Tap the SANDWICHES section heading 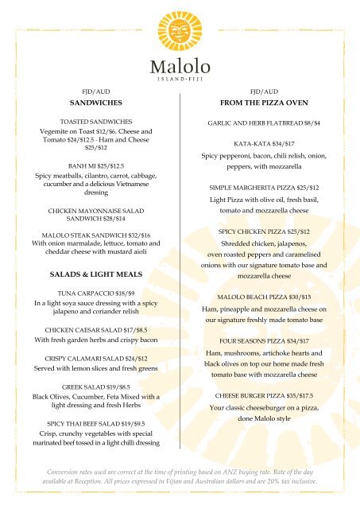95,103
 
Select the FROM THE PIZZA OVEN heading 263,103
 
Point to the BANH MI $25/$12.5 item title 95,165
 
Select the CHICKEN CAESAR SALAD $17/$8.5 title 95,328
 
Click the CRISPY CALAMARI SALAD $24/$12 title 95,359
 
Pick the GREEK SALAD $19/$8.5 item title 95,387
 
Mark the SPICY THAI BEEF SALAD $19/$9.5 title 95,423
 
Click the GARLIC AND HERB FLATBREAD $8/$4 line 263,124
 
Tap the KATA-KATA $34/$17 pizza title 263,145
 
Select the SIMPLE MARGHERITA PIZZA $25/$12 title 263,187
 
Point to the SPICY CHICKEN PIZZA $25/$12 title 263,231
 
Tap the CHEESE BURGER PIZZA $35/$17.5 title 263,394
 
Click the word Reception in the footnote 95,482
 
